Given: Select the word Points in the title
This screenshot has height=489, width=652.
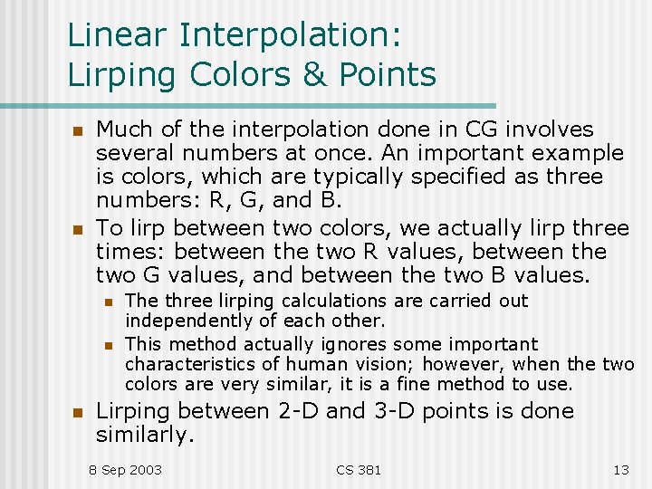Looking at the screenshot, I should pyautogui.click(x=387, y=74).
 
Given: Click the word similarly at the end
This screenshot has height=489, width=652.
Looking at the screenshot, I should pyautogui.click(x=145, y=435).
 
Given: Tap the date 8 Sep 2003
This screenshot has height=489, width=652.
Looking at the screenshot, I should pyautogui.click(x=125, y=469).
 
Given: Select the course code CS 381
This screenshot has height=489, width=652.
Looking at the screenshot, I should pyautogui.click(x=359, y=469).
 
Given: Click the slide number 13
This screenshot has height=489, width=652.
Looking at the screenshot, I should pyautogui.click(x=620, y=469).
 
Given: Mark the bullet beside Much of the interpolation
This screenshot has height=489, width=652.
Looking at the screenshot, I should pyautogui.click(x=77, y=131).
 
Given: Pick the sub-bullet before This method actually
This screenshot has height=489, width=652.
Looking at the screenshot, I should pyautogui.click(x=107, y=345).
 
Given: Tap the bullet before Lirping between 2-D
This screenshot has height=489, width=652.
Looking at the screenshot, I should pyautogui.click(x=77, y=413).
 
